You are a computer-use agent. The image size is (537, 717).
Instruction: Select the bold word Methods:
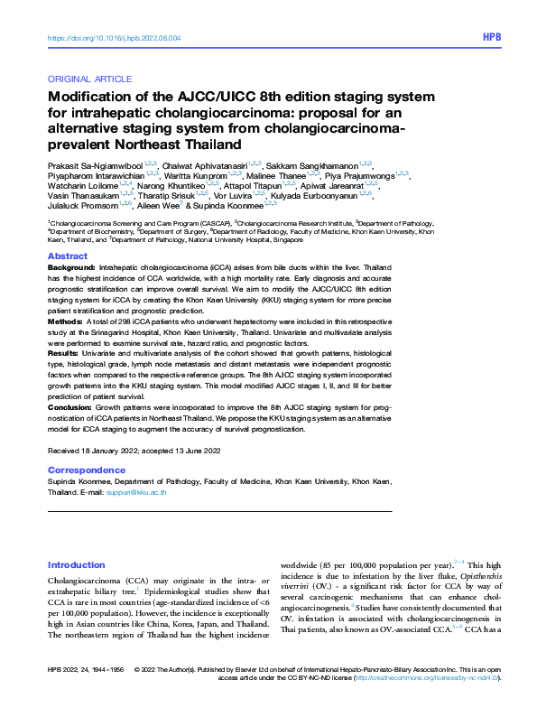tap(64, 321)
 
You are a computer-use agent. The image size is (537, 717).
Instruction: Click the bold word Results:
tap(63, 353)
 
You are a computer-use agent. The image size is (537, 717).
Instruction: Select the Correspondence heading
tap(86, 470)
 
